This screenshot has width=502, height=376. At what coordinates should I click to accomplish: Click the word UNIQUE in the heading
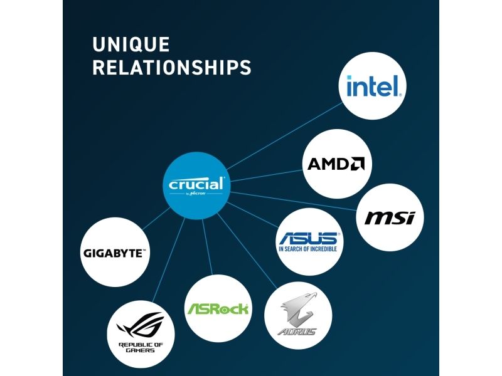131,44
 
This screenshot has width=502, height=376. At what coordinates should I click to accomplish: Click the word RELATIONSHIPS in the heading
171,68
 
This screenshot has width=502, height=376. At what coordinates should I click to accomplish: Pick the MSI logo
390,218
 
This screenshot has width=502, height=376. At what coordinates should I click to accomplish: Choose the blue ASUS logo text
307,238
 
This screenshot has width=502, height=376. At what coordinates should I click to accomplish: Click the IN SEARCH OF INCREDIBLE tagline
307,249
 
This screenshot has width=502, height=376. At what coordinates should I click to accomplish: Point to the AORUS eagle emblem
299,309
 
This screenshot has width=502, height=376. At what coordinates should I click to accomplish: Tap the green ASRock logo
218,308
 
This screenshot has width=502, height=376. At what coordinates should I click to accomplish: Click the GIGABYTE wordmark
114,254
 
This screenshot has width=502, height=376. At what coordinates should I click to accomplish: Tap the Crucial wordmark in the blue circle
196,184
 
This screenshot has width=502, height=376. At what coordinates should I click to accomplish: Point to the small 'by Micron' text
196,194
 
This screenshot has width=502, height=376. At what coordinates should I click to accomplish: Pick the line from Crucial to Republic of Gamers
166,263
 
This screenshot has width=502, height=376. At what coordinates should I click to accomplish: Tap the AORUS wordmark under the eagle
299,331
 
